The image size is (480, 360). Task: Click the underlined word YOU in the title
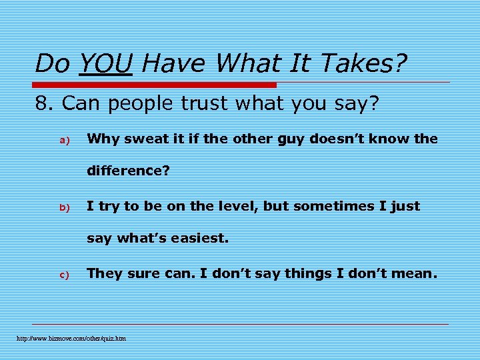105,64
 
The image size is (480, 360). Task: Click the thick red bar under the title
155,85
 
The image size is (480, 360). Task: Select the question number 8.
46,104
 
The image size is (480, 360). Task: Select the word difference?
129,171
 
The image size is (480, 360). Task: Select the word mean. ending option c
415,273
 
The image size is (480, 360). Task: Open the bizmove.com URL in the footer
71,339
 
